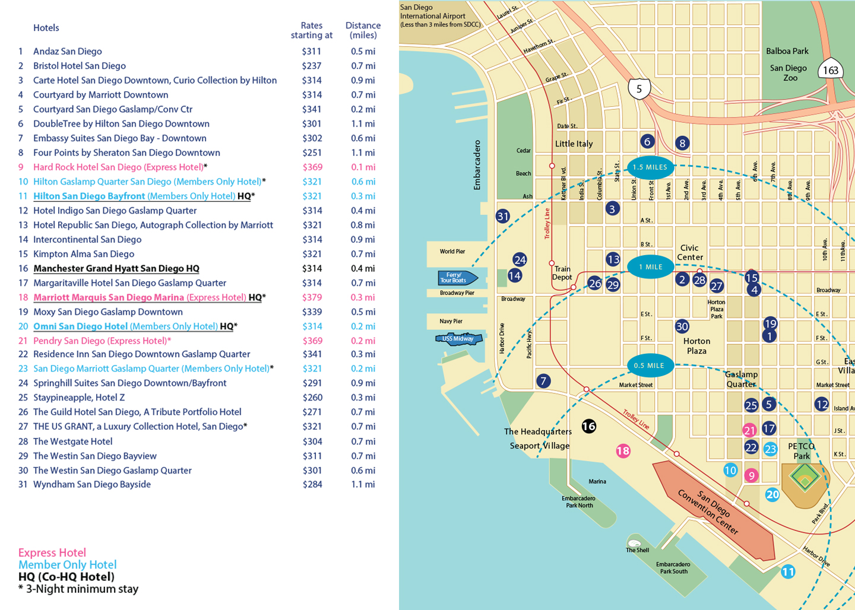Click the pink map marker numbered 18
(x=623, y=451)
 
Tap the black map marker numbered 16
(x=588, y=426)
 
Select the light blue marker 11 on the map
(x=788, y=572)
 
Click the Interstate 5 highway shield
(x=639, y=90)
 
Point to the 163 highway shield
(x=830, y=71)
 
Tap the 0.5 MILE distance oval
(x=650, y=366)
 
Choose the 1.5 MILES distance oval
(x=650, y=167)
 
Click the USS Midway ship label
(x=458, y=339)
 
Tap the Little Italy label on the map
(x=574, y=144)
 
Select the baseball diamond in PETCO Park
(x=805, y=477)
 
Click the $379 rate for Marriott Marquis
(x=312, y=297)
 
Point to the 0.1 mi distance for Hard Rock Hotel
(x=362, y=167)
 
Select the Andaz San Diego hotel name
(x=67, y=52)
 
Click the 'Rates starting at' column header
(x=311, y=30)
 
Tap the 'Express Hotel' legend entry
(x=52, y=552)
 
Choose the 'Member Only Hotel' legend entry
(x=67, y=565)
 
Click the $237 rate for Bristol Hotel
(x=311, y=66)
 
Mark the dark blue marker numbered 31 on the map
(x=503, y=217)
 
